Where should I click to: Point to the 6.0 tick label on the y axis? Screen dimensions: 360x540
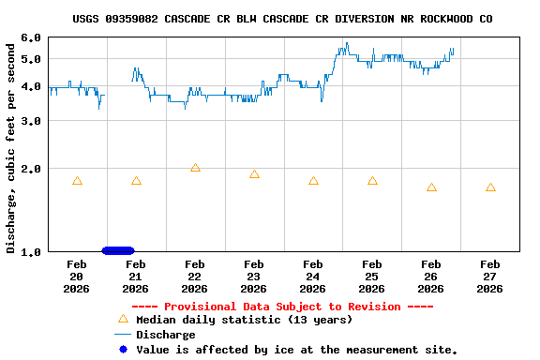[x=31, y=37]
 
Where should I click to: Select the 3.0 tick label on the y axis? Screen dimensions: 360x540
[x=31, y=121]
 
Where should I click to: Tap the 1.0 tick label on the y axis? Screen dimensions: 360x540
[x=31, y=251]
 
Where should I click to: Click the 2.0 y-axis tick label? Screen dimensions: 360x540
[x=31, y=169]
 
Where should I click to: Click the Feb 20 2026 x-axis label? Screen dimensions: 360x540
[x=77, y=276]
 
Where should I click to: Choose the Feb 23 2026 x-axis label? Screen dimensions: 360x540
[x=253, y=276]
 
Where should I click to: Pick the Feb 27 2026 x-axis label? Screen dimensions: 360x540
[x=489, y=276]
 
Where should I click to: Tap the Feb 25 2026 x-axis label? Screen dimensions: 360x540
[x=372, y=276]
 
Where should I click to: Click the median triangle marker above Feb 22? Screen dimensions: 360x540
[x=195, y=168]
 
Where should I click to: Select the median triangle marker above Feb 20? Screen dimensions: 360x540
[x=77, y=181]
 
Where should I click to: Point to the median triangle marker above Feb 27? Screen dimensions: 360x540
[x=490, y=187]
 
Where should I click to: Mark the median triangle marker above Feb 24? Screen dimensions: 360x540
[x=313, y=181]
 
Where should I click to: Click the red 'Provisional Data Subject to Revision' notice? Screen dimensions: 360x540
[x=282, y=307]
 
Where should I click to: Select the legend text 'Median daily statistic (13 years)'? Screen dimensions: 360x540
[x=244, y=320]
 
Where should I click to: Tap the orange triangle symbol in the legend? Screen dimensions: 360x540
[x=122, y=319]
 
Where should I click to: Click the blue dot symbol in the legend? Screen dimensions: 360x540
[x=122, y=350]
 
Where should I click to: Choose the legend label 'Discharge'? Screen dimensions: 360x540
[x=166, y=335]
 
